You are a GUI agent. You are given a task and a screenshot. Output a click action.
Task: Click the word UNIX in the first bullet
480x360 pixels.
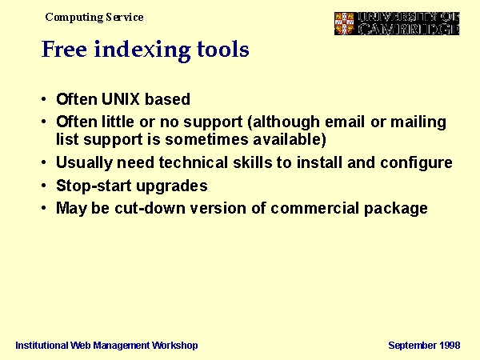click(120, 99)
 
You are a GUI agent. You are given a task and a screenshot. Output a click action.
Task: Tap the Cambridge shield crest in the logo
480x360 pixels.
click(344, 23)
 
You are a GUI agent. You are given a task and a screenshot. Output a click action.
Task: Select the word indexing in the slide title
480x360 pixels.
click(142, 50)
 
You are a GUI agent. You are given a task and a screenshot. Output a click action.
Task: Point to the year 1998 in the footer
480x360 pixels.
click(450, 346)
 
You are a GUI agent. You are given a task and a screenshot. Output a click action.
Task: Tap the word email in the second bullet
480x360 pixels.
click(345, 122)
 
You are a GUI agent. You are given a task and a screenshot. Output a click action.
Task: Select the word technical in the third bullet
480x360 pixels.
click(194, 162)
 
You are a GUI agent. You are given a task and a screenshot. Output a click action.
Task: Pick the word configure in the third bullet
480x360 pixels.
click(416, 163)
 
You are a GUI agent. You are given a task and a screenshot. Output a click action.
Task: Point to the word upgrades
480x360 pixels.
click(172, 186)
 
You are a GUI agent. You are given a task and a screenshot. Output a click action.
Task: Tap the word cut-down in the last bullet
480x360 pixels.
click(150, 209)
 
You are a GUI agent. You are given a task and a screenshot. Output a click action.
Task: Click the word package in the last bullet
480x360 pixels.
click(395, 209)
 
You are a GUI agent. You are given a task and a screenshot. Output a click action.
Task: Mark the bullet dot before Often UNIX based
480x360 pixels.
click(44, 99)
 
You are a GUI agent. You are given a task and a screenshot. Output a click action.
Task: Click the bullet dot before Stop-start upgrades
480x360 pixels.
click(44, 186)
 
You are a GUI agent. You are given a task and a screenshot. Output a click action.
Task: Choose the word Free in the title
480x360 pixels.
click(64, 49)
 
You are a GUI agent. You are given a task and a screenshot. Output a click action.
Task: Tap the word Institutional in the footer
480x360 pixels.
click(42, 346)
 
